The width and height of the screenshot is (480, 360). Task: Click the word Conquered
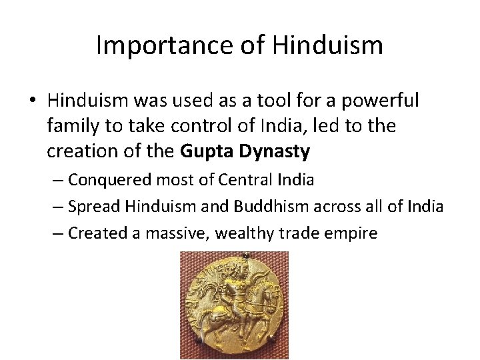(x=110, y=180)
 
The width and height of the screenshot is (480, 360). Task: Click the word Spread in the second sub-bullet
(x=91, y=207)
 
